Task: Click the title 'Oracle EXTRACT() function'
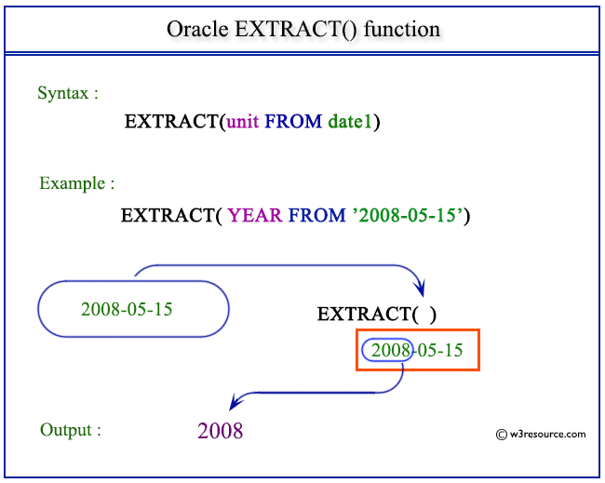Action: [x=302, y=29]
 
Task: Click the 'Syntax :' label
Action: [x=68, y=93]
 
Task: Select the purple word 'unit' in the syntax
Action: [x=244, y=122]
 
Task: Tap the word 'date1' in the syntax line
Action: [x=351, y=122]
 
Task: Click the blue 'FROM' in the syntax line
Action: [x=294, y=122]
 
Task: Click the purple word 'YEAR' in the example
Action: [x=255, y=216]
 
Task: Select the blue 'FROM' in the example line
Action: [x=316, y=216]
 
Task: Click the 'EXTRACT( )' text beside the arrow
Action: [x=376, y=315]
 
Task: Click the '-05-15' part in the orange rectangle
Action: [x=437, y=351]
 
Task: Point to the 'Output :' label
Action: [x=70, y=430]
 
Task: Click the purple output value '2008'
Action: [x=221, y=431]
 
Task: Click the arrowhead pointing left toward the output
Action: [x=237, y=402]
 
